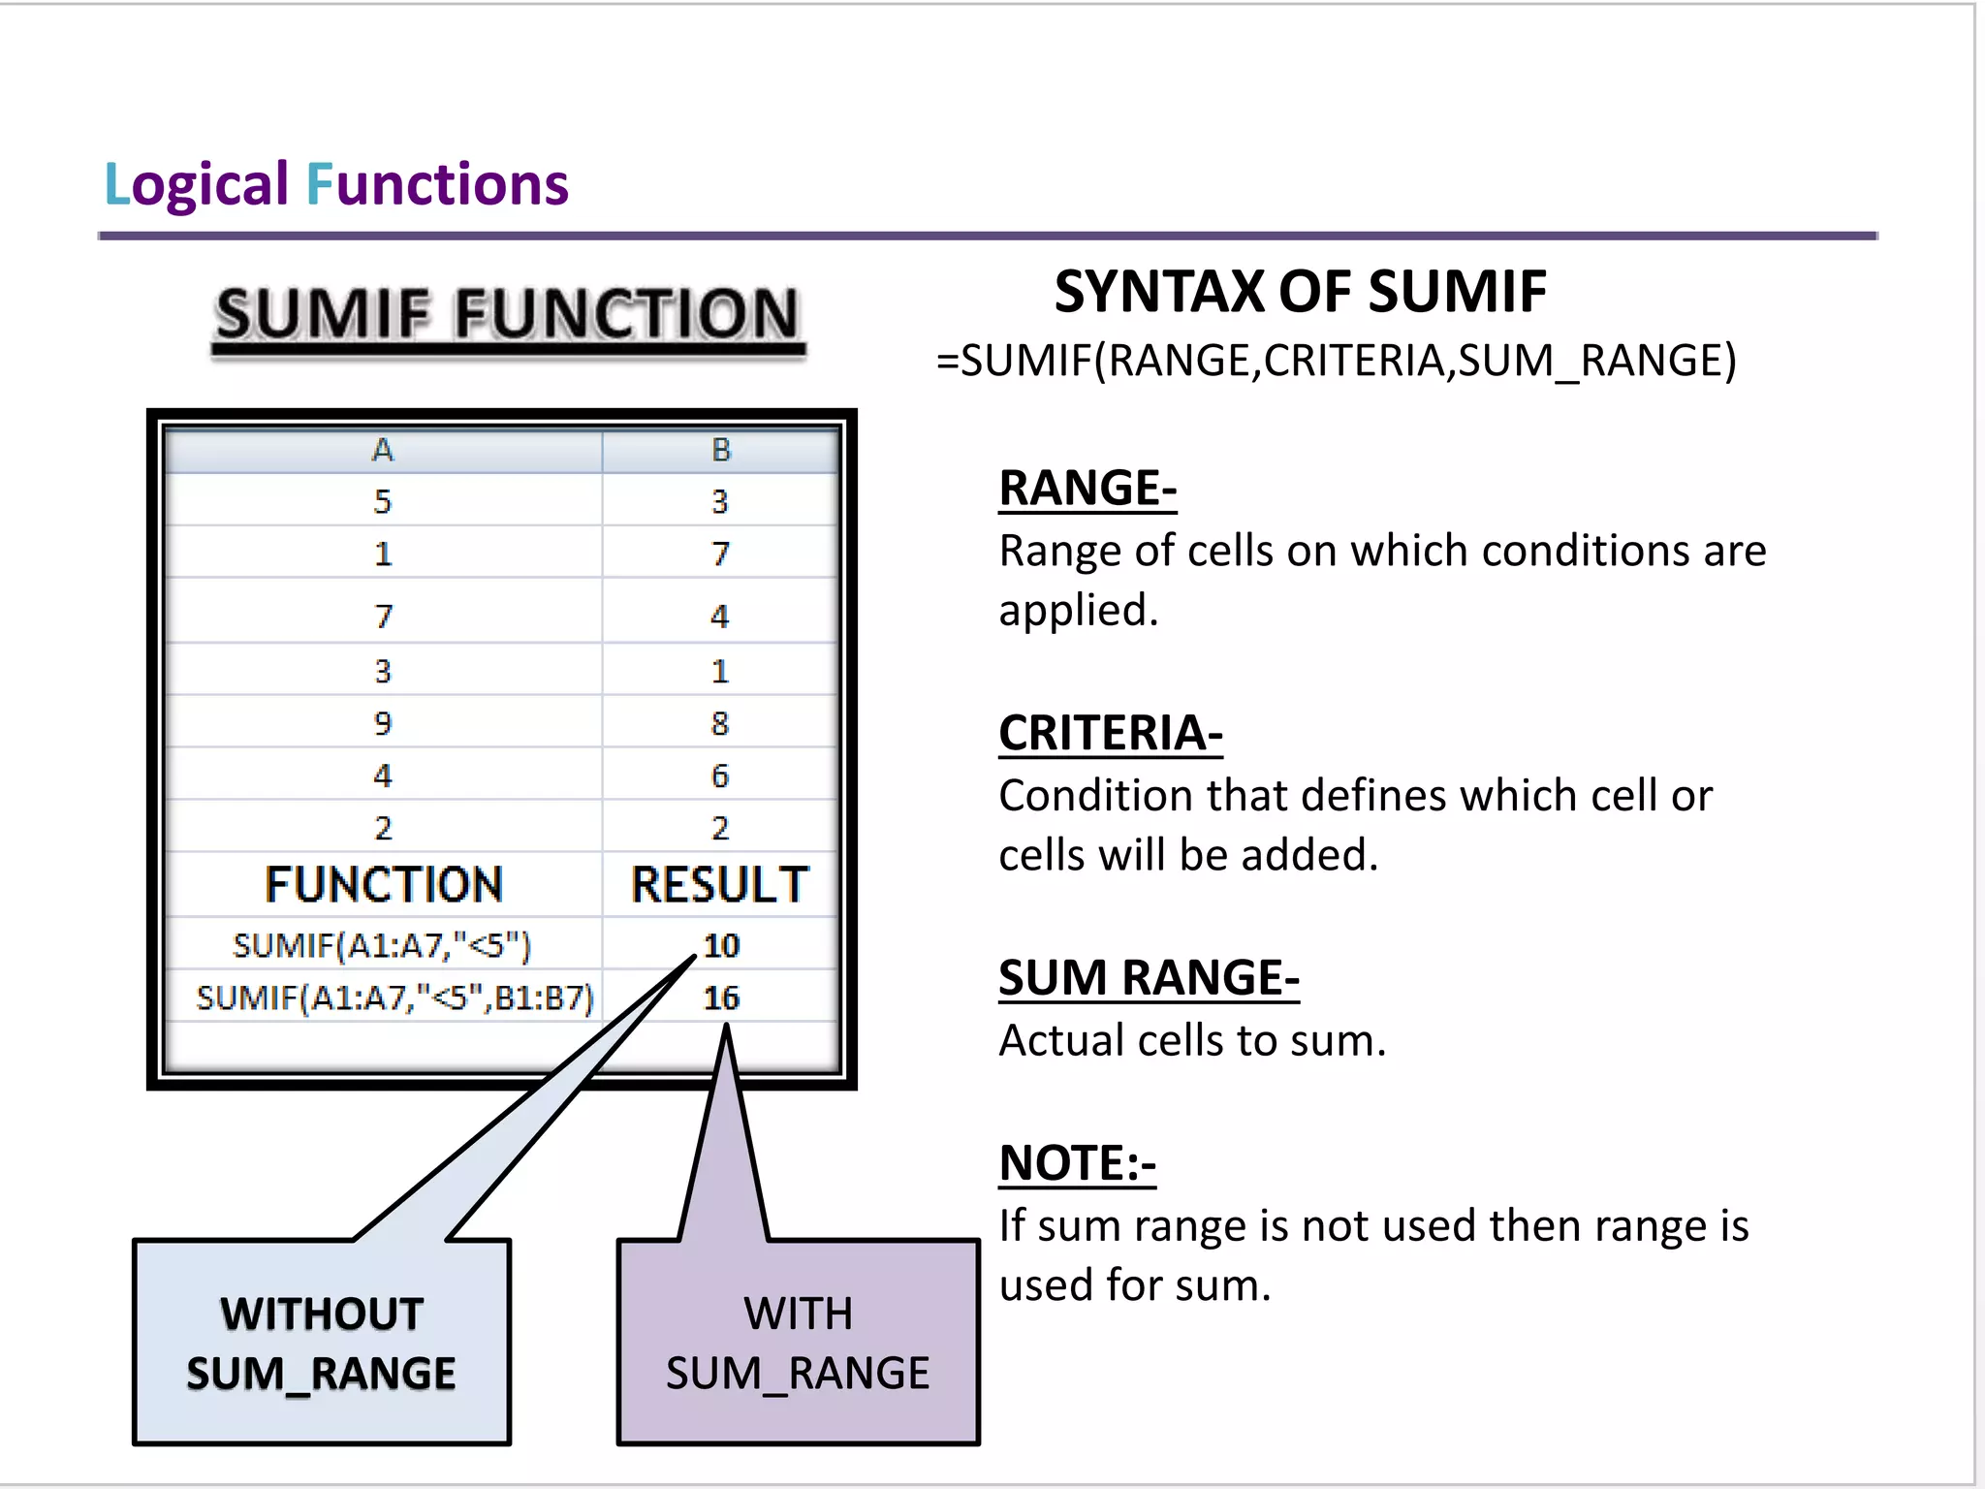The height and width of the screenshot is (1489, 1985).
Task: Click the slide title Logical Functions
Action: pos(335,184)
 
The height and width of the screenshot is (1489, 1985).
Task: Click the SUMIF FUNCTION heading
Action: pos(507,315)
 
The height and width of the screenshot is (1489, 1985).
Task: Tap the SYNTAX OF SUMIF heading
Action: pos(1300,291)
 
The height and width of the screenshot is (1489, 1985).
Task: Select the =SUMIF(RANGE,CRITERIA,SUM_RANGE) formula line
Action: pos(1336,361)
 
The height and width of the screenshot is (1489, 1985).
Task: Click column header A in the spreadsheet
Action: pos(383,450)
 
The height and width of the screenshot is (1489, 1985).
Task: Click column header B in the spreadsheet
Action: pos(720,450)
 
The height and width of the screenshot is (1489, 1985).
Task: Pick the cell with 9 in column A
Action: pos(383,723)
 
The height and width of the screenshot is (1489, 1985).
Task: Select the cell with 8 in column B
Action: pos(719,723)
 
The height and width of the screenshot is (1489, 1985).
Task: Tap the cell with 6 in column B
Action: pos(719,776)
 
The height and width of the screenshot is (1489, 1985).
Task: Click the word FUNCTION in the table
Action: pos(384,884)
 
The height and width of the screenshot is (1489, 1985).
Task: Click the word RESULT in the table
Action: pos(719,884)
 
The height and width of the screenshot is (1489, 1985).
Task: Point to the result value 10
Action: pos(722,944)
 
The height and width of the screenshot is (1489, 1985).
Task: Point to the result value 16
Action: pos(722,997)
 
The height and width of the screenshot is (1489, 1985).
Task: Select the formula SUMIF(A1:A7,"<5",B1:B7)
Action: pos(394,998)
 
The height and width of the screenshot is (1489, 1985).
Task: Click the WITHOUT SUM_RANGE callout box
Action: pos(322,1343)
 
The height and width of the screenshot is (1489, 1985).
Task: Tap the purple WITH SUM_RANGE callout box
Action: pos(798,1343)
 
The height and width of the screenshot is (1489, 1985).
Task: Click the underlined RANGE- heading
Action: pos(1087,488)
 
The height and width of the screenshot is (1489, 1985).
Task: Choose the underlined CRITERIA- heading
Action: pos(1111,733)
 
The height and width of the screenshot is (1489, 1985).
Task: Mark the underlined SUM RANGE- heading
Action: pos(1149,977)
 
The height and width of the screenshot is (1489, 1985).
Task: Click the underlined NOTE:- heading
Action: pos(1078,1163)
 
